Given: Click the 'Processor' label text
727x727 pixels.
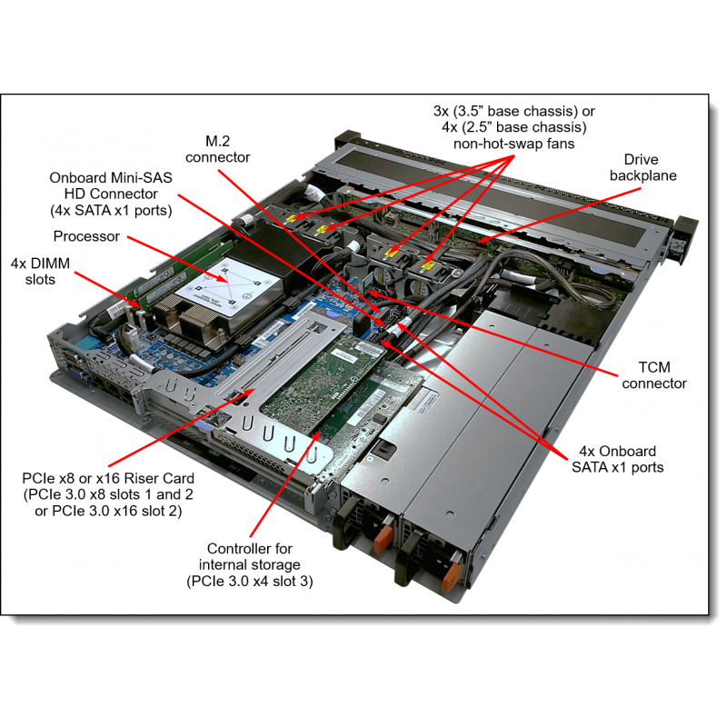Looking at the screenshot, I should tap(86, 236).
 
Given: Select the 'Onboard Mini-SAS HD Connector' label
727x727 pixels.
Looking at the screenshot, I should tap(111, 194).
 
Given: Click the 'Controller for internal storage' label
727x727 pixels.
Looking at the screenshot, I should tap(249, 557).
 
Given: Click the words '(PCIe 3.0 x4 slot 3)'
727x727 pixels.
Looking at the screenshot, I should tap(249, 582).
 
